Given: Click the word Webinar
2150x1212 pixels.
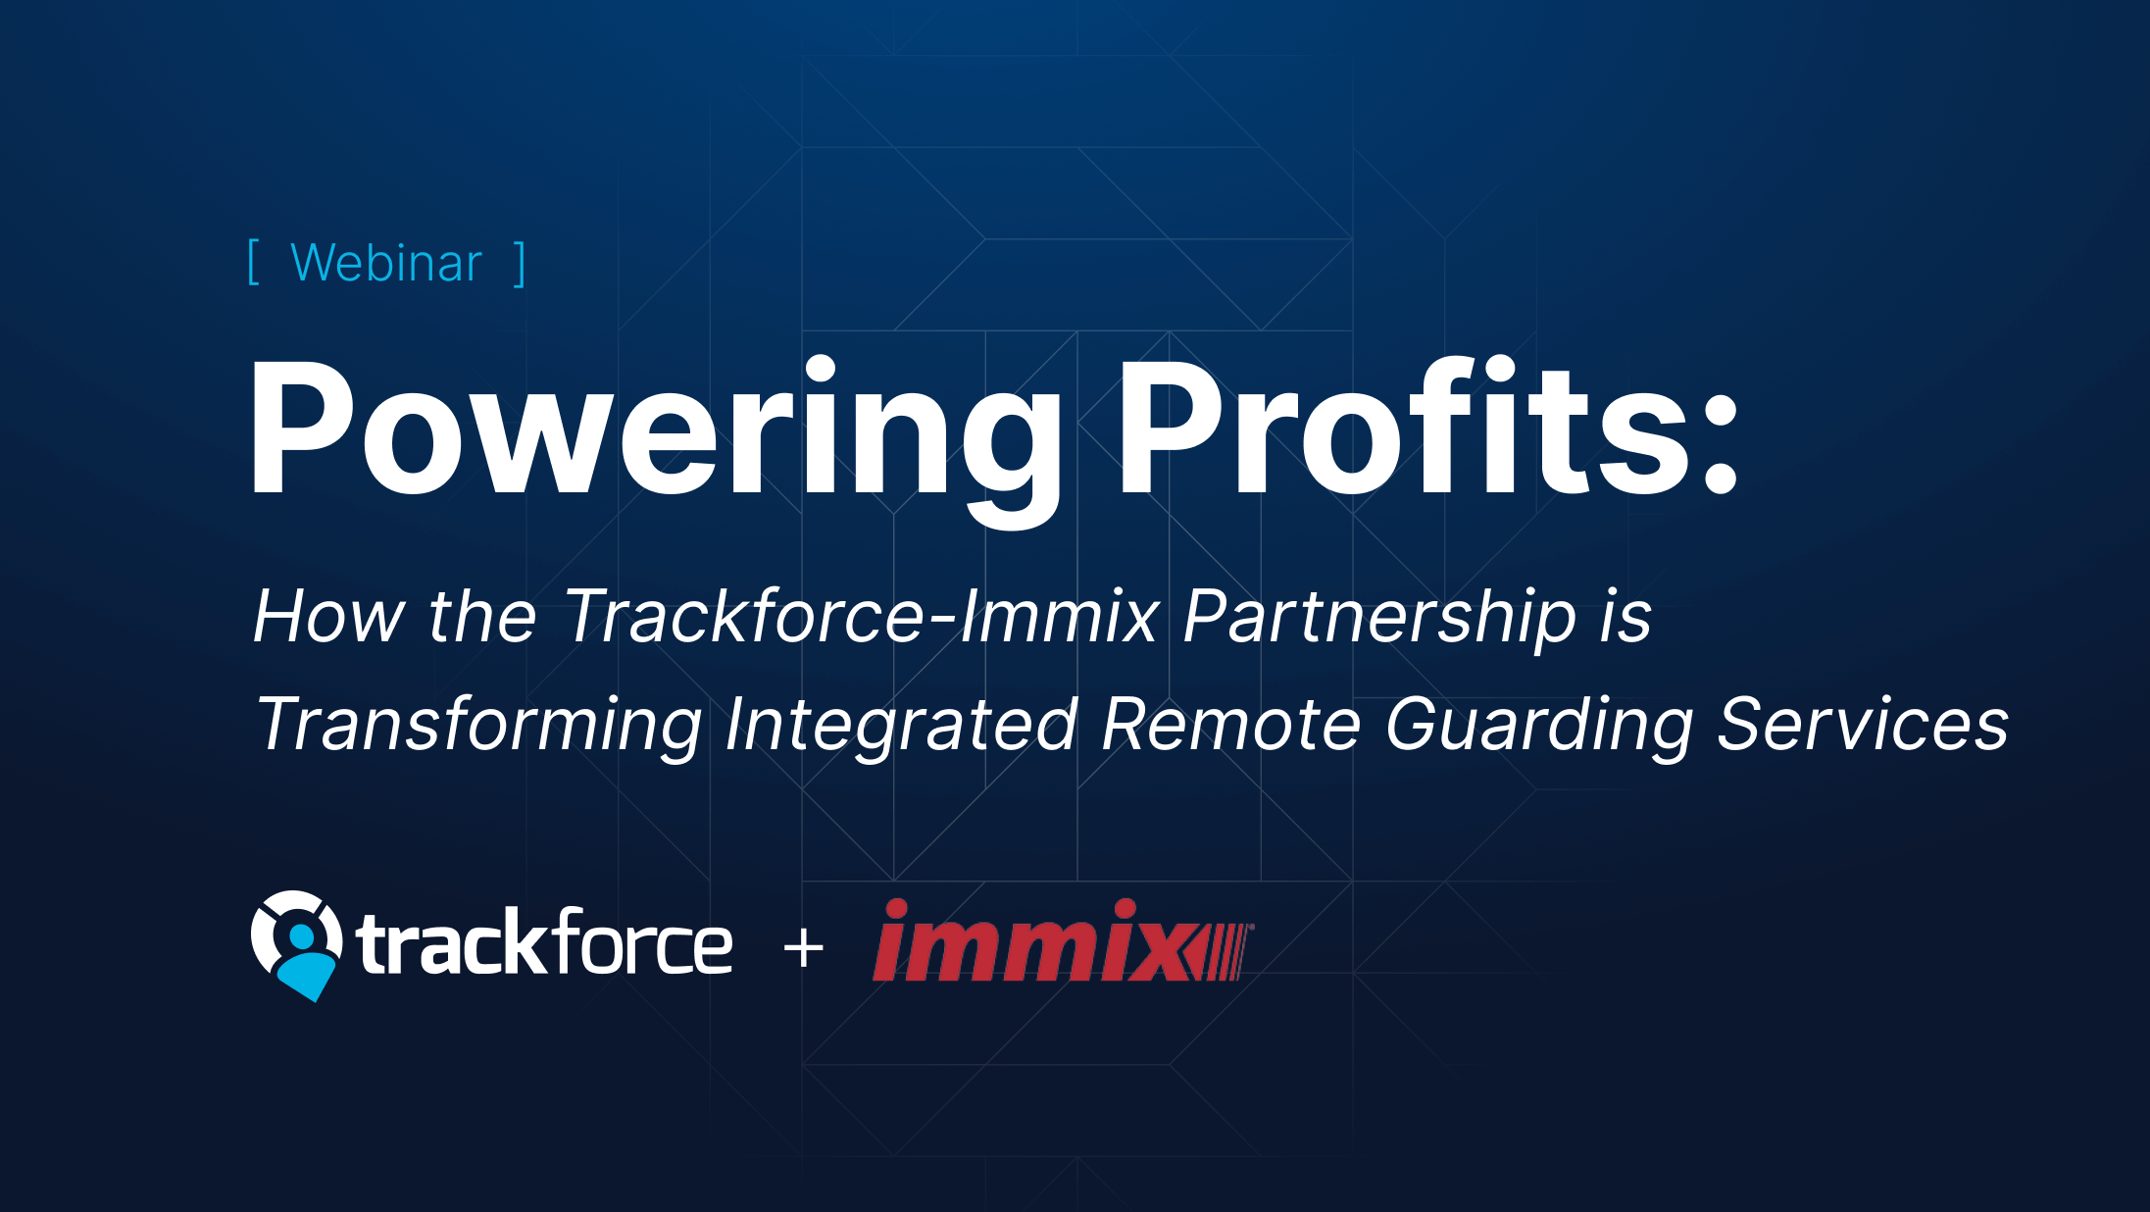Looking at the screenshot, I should click(386, 263).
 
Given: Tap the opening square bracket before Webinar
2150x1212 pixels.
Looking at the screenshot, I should click(253, 263).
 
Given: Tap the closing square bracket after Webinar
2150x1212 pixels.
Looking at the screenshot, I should click(521, 263).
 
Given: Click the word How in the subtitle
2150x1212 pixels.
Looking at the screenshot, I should click(327, 617).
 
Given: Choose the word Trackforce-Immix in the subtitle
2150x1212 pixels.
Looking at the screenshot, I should click(861, 617).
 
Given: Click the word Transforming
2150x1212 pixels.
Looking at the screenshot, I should click(478, 726).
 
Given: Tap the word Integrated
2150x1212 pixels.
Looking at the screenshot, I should click(901, 726).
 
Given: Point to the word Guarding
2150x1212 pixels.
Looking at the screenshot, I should click(1539, 726).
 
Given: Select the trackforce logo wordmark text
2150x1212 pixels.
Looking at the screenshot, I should click(545, 943).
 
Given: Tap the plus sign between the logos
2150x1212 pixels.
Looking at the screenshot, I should click(804, 949).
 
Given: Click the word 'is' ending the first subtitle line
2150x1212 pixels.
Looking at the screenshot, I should click(1625, 617).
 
